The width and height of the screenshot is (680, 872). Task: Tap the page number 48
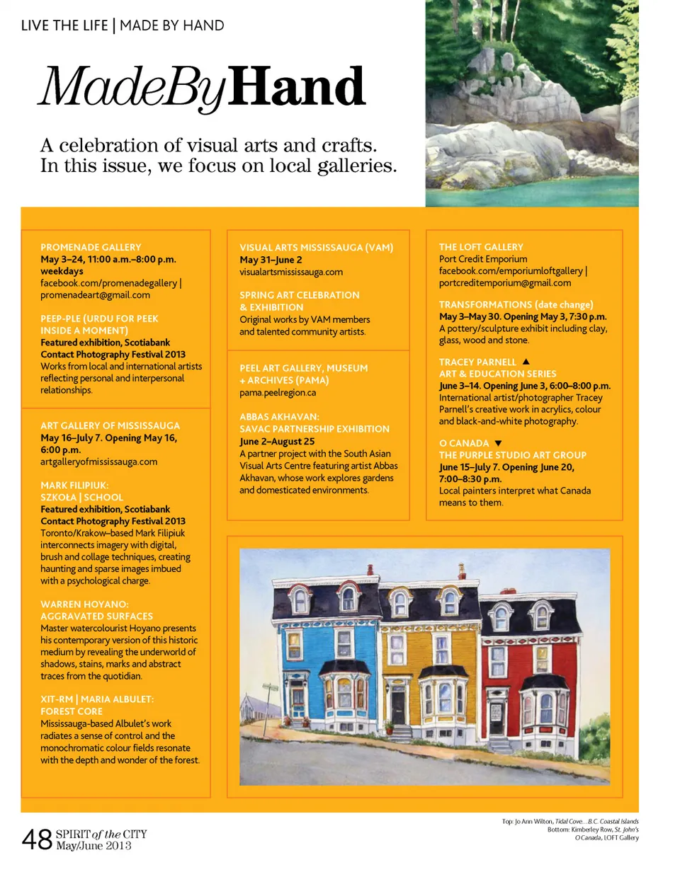[38, 839]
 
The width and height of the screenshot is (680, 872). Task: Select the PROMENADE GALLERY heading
[91, 247]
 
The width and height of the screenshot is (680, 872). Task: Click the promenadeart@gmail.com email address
[95, 294]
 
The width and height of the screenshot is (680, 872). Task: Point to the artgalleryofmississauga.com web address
[98, 461]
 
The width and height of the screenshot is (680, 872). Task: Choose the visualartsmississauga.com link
[291, 271]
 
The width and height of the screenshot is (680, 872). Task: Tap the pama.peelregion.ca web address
[278, 392]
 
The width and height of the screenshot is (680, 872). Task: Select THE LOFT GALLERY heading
[481, 247]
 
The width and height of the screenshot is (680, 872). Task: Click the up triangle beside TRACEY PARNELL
[526, 362]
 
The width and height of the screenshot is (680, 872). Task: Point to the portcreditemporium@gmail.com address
[505, 282]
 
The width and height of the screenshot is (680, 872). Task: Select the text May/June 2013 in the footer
[93, 845]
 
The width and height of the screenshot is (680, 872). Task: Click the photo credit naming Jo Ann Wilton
[570, 821]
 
